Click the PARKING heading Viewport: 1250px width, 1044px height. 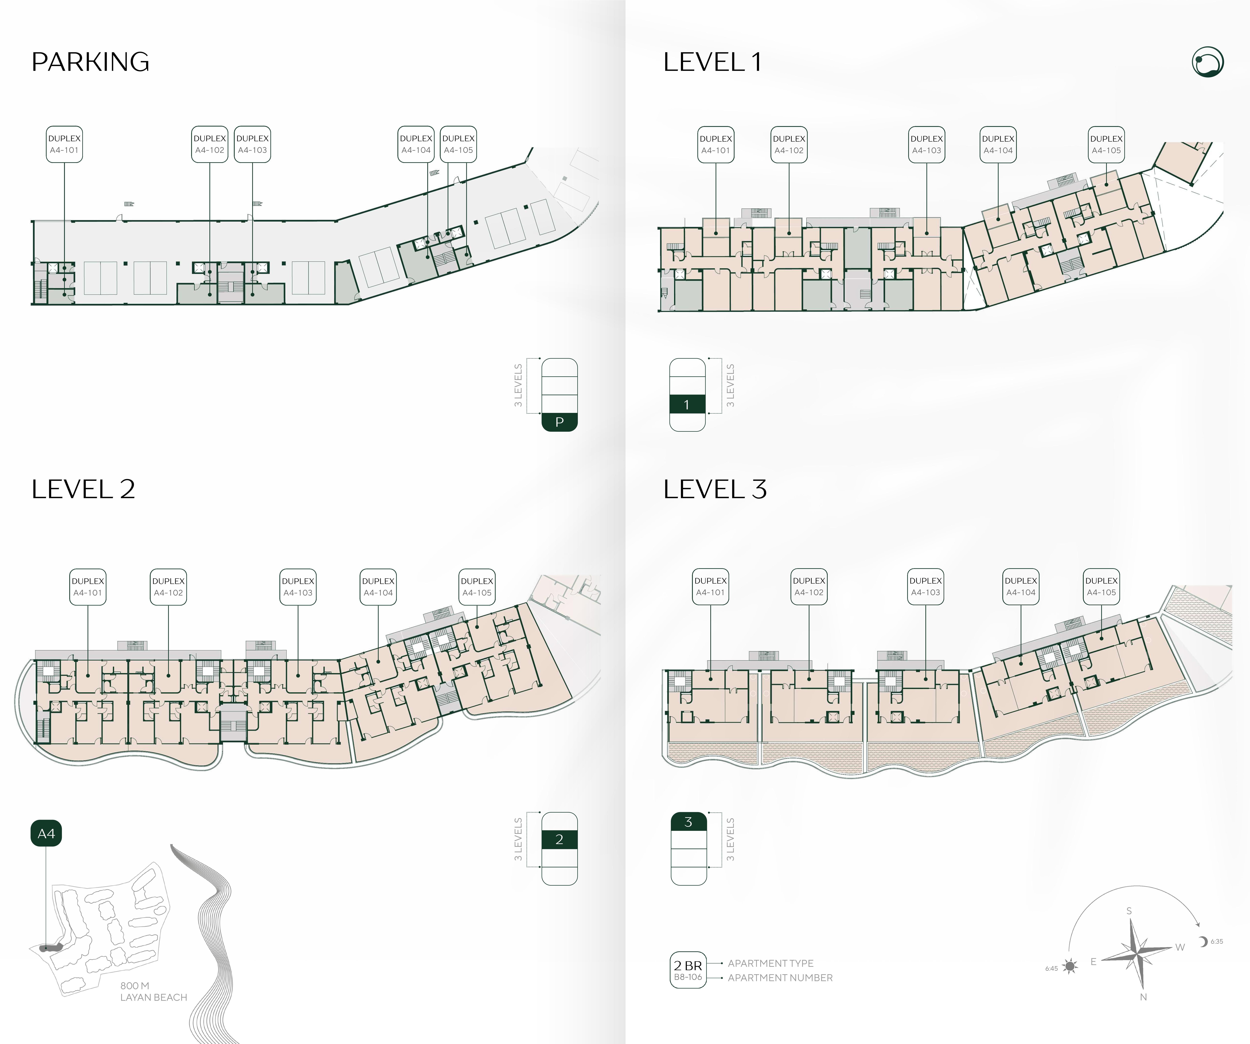point(90,62)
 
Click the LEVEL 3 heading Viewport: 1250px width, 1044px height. point(715,489)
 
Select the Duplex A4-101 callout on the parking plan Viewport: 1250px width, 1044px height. point(64,144)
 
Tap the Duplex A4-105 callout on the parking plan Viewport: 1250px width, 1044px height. point(458,144)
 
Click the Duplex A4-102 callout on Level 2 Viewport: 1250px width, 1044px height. point(168,587)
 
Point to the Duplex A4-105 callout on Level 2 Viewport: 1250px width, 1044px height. point(477,587)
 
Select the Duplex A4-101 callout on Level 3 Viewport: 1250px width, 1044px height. point(711,586)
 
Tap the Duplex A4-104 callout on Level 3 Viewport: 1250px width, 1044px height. point(1021,586)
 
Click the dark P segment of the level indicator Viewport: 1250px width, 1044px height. point(560,422)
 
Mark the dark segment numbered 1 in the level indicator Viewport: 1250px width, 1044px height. point(687,404)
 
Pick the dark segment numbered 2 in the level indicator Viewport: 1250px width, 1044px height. point(560,839)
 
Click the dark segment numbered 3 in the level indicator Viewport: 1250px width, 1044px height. point(689,821)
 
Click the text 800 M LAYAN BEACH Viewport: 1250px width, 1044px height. point(153,991)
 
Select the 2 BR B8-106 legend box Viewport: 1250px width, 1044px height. point(688,970)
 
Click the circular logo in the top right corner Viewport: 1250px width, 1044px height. point(1208,62)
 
